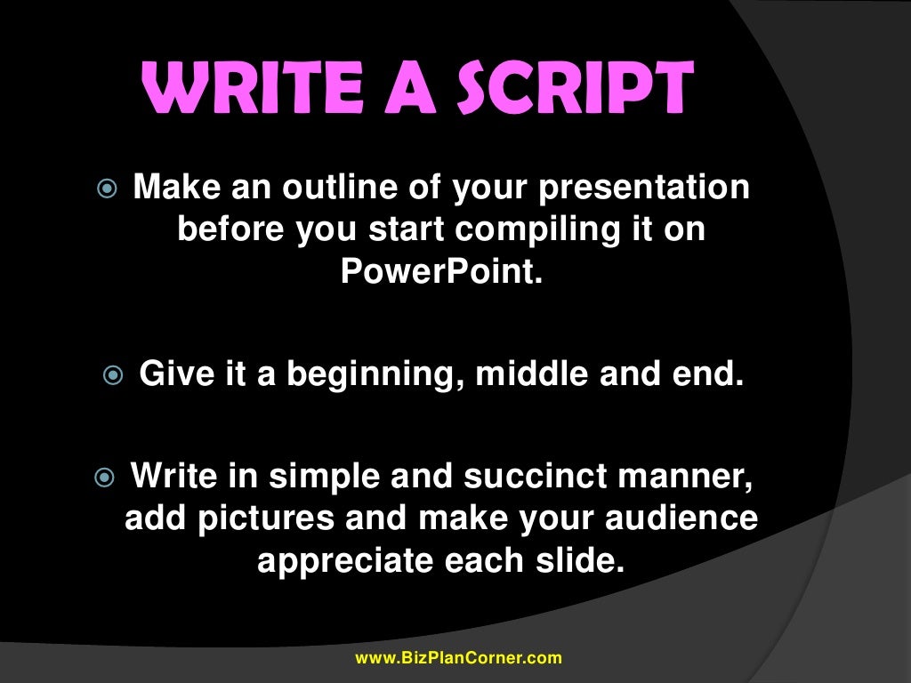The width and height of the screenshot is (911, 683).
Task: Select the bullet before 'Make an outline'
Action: pos(104,190)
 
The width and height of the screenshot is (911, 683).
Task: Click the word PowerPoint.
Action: pos(441,270)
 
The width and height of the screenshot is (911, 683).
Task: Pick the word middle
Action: pos(533,374)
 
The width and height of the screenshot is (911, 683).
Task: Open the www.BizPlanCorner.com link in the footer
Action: pos(458,659)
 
